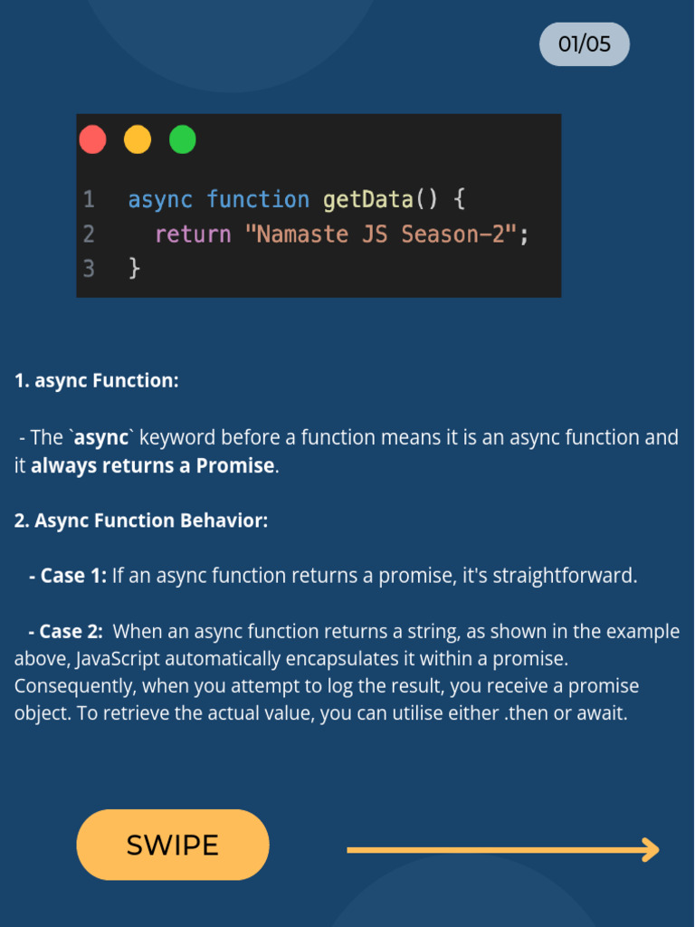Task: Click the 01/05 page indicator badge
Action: click(584, 44)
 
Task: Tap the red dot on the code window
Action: click(92, 140)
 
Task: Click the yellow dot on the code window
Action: click(138, 140)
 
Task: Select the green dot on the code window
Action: click(183, 140)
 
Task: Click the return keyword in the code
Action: click(193, 234)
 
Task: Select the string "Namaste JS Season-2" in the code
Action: click(380, 234)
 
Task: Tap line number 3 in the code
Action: click(89, 268)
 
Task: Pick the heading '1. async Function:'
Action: click(97, 381)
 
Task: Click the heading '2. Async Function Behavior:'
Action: click(141, 521)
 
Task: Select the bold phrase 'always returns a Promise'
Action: click(152, 466)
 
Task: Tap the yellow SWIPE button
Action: click(173, 846)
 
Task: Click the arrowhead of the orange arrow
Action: click(650, 850)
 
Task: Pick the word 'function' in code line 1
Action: click(258, 199)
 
